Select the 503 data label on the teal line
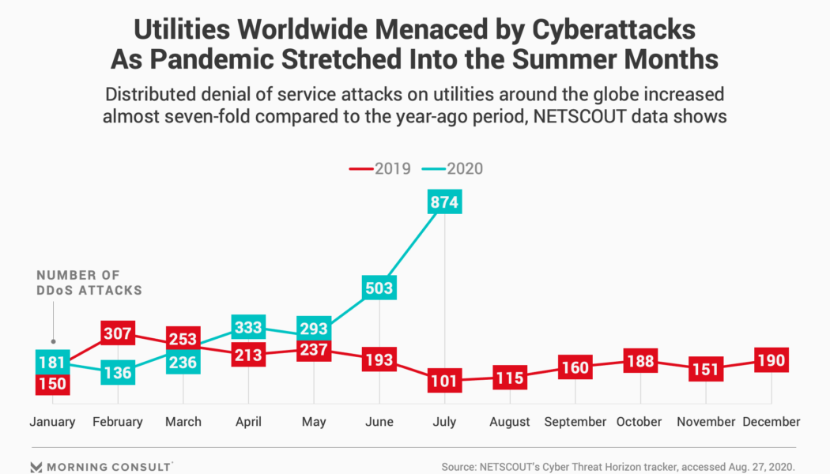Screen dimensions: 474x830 tap(379, 288)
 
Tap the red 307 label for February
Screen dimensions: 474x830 tap(118, 333)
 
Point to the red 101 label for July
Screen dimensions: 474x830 tap(444, 381)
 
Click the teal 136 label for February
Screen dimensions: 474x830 tap(118, 372)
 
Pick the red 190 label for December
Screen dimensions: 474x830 tap(771, 361)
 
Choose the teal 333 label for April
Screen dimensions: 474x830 tap(248, 327)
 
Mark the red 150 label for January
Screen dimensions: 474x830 tap(52, 384)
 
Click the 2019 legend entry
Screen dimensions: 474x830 tap(375, 168)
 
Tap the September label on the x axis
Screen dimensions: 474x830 tap(575, 422)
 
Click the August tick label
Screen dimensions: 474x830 tap(509, 422)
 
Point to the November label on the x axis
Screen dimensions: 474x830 tap(706, 422)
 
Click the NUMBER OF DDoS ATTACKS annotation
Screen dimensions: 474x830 tap(89, 282)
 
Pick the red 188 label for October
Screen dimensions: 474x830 tap(640, 361)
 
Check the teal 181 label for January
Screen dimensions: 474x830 tap(52, 363)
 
